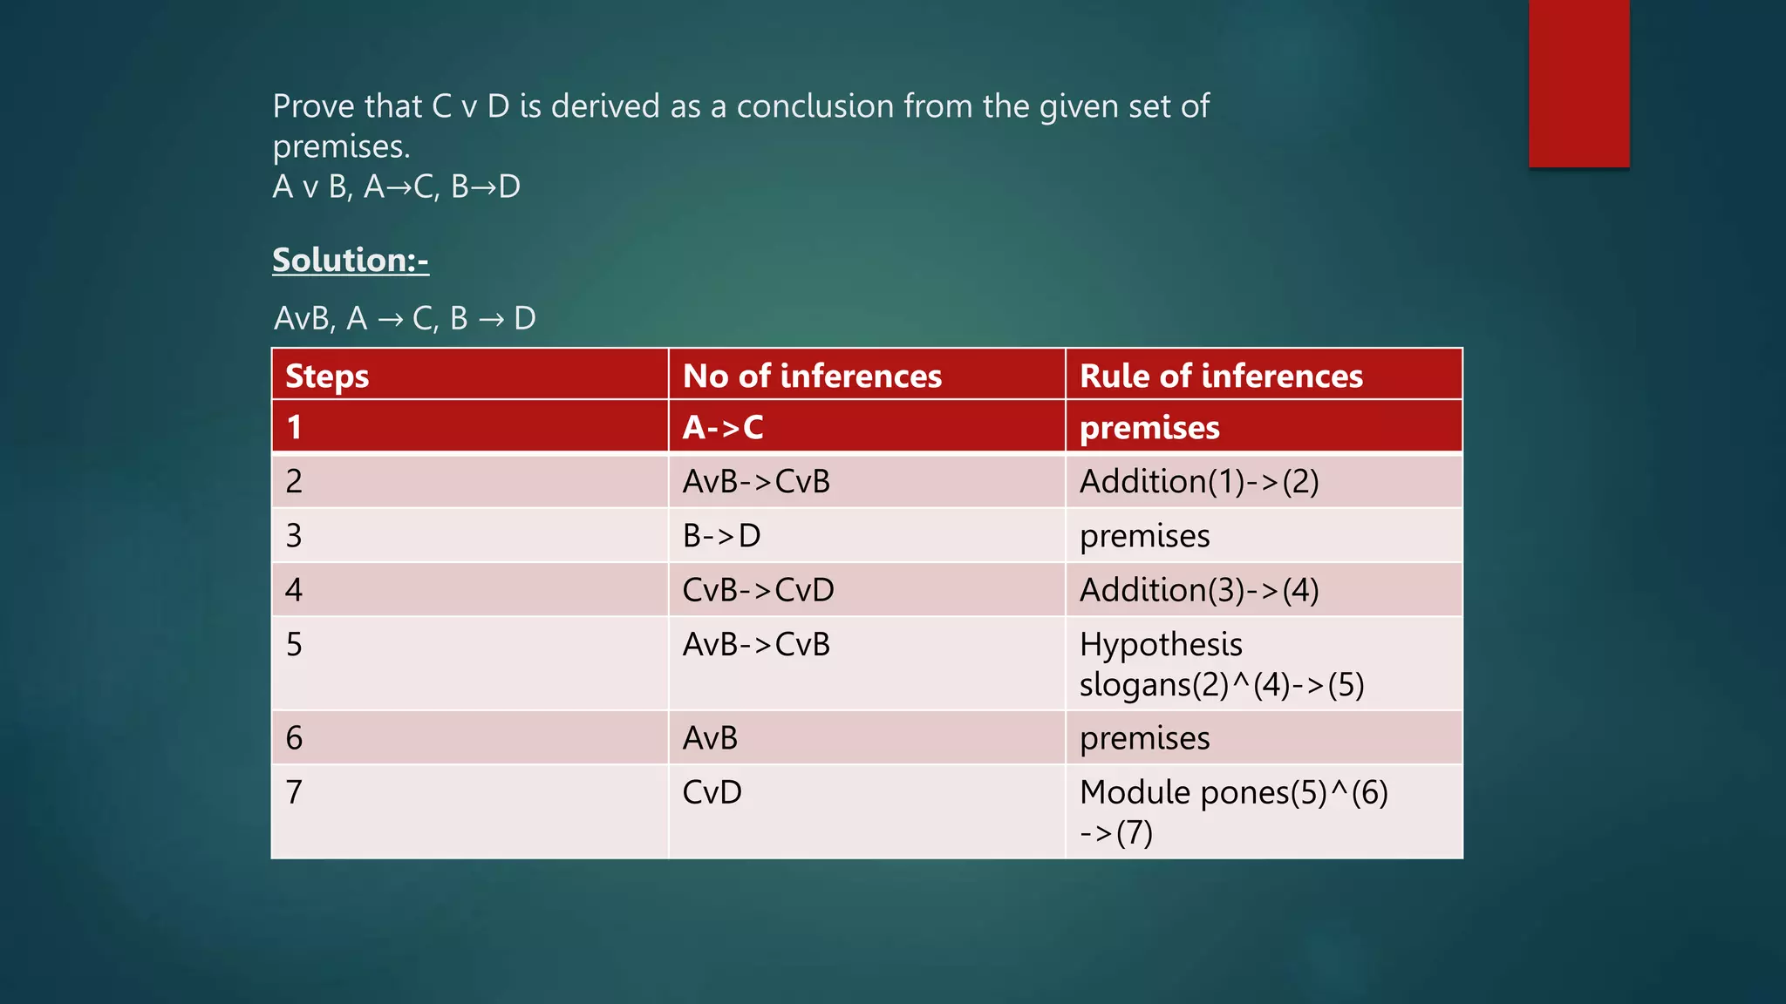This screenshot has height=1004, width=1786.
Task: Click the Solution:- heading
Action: [x=350, y=260]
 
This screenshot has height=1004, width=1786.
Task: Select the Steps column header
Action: [x=327, y=376]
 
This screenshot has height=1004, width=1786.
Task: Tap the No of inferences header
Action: [x=812, y=376]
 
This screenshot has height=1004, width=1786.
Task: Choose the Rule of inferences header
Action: [x=1221, y=376]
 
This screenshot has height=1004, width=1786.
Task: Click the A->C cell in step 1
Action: [x=723, y=427]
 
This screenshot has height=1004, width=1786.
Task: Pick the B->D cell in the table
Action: [x=721, y=535]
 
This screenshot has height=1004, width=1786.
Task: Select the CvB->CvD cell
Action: [x=758, y=590]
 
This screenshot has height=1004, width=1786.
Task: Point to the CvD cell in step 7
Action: [x=712, y=792]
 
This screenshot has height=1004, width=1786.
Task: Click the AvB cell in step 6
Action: [x=710, y=738]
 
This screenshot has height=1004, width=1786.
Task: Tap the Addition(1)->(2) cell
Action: [x=1199, y=481]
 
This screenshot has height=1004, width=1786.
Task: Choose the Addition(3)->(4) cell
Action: [x=1199, y=590]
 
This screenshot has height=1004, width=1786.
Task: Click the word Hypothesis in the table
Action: [x=1161, y=645]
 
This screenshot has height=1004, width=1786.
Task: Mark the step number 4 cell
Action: [x=294, y=590]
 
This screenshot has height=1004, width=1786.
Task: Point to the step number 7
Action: [x=294, y=792]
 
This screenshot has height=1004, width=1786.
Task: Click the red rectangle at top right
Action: [x=1578, y=83]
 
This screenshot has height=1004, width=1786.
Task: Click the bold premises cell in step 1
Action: [x=1149, y=428]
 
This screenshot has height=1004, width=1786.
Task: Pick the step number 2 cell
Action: [x=294, y=481]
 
